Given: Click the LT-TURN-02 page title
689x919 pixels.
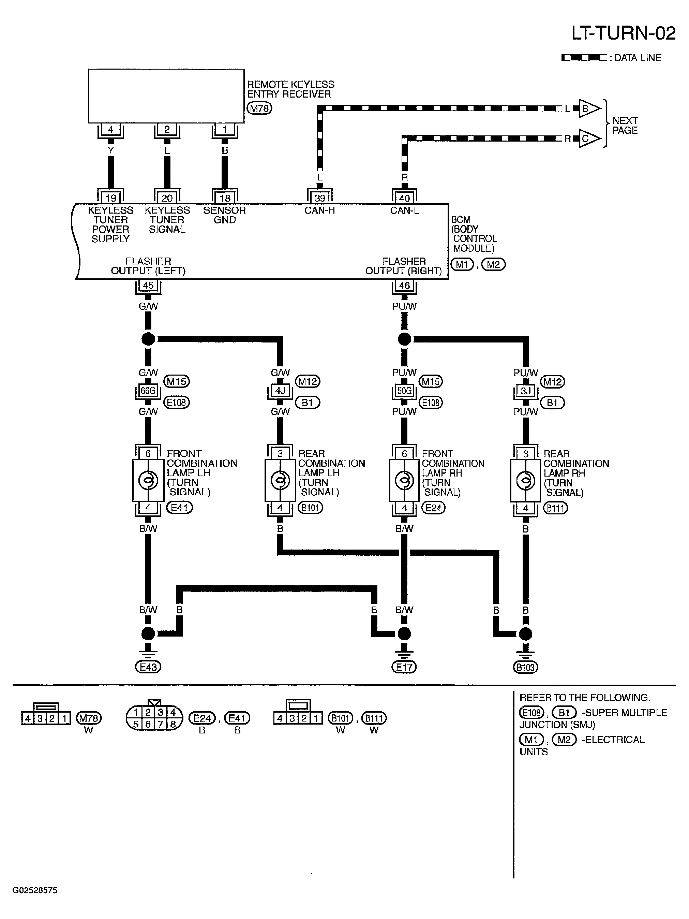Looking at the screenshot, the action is pyautogui.click(x=624, y=33).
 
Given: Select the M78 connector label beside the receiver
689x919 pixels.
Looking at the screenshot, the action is pyautogui.click(x=259, y=108).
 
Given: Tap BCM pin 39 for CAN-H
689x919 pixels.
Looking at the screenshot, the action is pyautogui.click(x=319, y=198).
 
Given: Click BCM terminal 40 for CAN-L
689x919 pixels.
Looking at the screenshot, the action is pyautogui.click(x=404, y=198).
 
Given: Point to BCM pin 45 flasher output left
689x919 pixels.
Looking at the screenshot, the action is pyautogui.click(x=148, y=286).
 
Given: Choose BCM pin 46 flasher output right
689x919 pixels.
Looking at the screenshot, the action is pyautogui.click(x=404, y=286).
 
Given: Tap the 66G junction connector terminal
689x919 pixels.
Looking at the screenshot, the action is pyautogui.click(x=148, y=391).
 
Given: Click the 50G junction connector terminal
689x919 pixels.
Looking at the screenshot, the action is pyautogui.click(x=404, y=391).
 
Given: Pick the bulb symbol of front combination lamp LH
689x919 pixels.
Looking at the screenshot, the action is pyautogui.click(x=148, y=481).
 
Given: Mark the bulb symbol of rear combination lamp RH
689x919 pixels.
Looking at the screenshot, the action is pyautogui.click(x=525, y=481).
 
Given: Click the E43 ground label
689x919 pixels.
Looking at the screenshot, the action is pyautogui.click(x=148, y=667).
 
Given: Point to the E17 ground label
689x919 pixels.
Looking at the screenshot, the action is pyautogui.click(x=404, y=667).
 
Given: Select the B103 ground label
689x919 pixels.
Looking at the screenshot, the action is pyautogui.click(x=525, y=667).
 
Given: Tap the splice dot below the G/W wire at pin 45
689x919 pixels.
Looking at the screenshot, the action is pyautogui.click(x=148, y=339).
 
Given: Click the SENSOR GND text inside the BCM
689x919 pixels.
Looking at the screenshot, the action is pyautogui.click(x=224, y=215).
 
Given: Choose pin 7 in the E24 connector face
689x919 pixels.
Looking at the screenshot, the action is pyautogui.click(x=160, y=724).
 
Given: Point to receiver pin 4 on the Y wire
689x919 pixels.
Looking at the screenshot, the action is pyautogui.click(x=110, y=129).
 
